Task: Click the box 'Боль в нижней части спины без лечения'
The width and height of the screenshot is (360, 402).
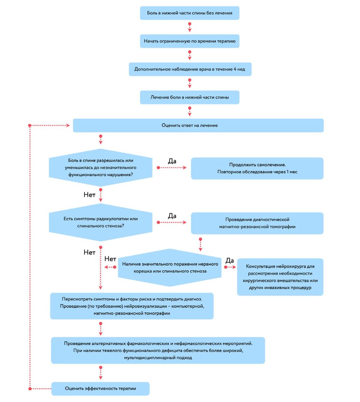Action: [x=190, y=13]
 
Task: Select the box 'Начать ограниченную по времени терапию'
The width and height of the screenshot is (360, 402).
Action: [x=190, y=41]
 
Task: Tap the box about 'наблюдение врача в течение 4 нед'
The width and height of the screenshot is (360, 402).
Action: [x=190, y=69]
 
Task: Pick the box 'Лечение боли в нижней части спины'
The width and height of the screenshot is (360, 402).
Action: [x=190, y=97]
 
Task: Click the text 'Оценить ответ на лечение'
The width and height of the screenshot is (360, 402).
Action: [x=190, y=125]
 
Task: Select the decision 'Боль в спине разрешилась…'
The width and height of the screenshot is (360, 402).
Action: [x=101, y=168]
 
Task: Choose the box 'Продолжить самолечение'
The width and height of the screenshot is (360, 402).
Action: [x=257, y=168]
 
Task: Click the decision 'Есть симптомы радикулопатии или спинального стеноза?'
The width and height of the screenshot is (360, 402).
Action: [x=101, y=222]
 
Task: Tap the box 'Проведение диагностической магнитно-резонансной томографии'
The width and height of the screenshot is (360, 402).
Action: [x=257, y=223]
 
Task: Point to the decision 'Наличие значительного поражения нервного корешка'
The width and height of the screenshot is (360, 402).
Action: [x=170, y=268]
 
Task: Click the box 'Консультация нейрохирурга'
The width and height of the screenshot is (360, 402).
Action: [x=280, y=277]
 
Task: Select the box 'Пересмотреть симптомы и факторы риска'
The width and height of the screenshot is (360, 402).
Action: [x=132, y=306]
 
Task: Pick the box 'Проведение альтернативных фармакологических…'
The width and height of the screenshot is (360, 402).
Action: [x=158, y=350]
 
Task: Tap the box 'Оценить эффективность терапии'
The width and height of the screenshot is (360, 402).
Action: [x=100, y=389]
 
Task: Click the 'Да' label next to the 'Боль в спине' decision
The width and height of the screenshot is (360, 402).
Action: [x=172, y=161]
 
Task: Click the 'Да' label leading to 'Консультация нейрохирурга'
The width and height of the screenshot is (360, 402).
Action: [x=230, y=261]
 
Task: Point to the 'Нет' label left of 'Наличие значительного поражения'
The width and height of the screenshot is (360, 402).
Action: [x=110, y=259]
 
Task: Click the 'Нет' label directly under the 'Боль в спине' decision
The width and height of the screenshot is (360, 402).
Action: [x=89, y=195]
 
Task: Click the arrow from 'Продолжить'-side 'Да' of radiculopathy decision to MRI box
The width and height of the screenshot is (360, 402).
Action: [x=172, y=222]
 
